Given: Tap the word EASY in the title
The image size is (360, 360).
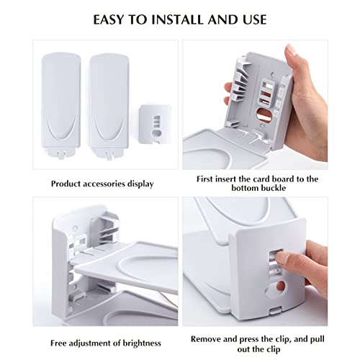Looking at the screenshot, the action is [x=108, y=19].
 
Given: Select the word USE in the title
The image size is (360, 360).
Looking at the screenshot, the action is [x=254, y=19].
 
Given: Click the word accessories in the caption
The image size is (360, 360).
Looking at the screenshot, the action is [x=102, y=184].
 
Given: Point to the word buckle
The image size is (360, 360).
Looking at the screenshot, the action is [x=273, y=188].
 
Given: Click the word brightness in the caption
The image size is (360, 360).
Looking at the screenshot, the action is [x=142, y=343].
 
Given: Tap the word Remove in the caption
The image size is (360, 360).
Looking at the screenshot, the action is [x=206, y=339].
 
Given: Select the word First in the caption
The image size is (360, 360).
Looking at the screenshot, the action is [x=204, y=179].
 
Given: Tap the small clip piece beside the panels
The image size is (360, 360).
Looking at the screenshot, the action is [x=156, y=124].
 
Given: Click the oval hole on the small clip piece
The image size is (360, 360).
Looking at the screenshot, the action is [x=157, y=132].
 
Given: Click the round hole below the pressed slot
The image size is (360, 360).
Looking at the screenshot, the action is [x=280, y=287].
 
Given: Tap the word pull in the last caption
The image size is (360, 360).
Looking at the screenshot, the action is [x=318, y=339].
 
